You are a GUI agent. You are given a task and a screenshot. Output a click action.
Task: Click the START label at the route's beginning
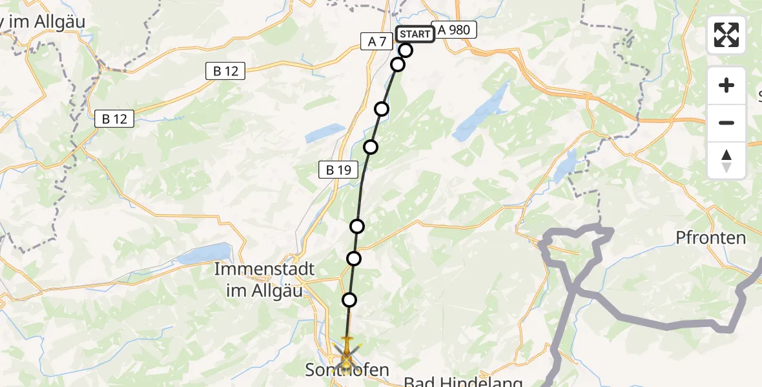coord(415,34)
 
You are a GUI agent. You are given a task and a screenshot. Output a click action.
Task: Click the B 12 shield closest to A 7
coord(225,71)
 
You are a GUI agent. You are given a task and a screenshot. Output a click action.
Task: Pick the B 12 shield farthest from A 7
coord(114,119)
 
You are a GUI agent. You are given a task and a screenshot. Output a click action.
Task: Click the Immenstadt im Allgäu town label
coord(265,279)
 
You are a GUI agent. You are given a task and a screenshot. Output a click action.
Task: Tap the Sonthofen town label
coord(347,370)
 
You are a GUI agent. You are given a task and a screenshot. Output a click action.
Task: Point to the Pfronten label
coord(710,238)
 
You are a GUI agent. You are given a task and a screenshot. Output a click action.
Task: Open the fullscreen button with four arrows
coord(726,35)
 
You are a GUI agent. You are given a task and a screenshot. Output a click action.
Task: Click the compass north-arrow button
coord(726,161)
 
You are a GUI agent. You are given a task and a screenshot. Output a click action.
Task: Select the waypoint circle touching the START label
coord(406,50)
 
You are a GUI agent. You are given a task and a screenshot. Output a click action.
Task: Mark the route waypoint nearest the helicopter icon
coord(349,299)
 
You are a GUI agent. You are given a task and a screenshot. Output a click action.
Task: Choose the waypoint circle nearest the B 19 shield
coord(371,147)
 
